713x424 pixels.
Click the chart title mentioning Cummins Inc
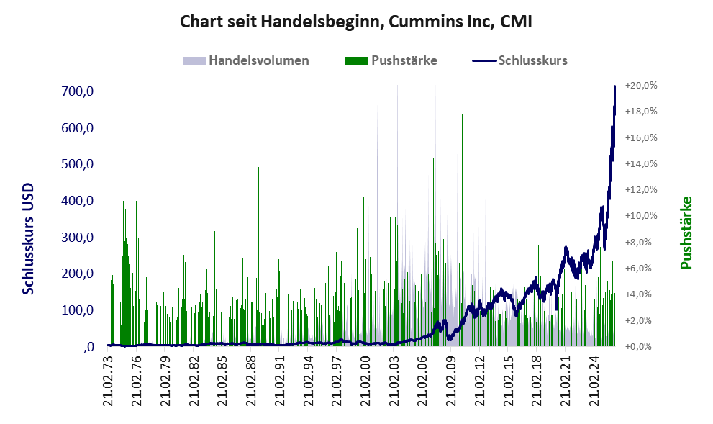355,22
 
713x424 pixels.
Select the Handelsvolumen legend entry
246,60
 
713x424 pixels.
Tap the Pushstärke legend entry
391,60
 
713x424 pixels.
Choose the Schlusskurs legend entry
519,60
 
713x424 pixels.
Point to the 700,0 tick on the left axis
77,91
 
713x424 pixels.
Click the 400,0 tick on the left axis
77,201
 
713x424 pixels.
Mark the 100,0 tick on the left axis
77,310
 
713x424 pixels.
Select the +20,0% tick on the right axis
641,86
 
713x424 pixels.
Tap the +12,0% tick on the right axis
641,190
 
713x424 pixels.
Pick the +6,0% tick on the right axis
641,268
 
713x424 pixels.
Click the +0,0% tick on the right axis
641,347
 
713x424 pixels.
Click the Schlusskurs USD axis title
28,239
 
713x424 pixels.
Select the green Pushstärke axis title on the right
686,233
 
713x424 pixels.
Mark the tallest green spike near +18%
462,230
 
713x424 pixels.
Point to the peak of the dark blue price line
614,86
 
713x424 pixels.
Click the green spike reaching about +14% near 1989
258,256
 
